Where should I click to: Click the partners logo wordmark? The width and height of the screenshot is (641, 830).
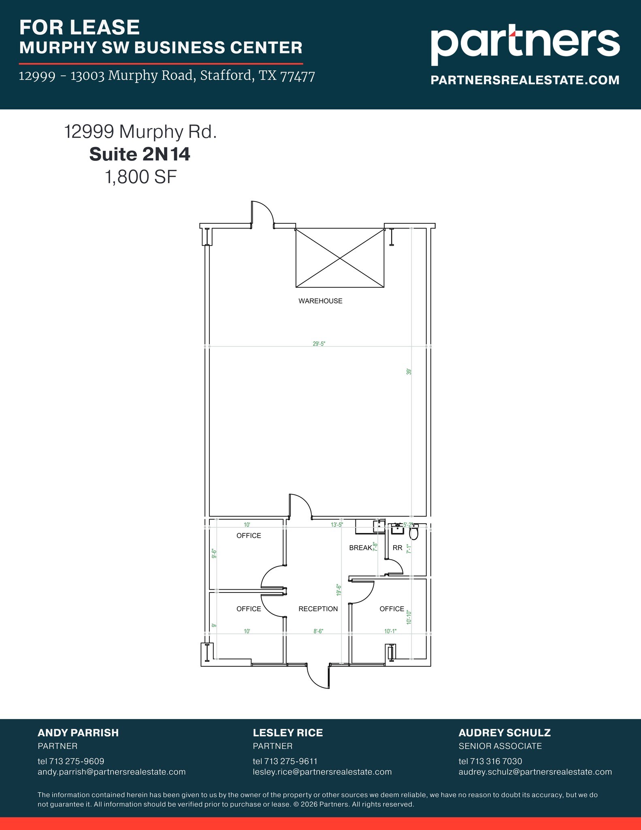point(525,43)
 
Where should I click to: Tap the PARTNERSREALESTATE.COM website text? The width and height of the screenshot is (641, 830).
point(525,80)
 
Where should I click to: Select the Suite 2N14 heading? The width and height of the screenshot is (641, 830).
point(140,154)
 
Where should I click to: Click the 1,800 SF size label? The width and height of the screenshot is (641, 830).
point(141,177)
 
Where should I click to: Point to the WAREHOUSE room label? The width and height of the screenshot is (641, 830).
point(320,301)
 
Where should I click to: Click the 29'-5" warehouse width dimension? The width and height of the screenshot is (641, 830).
point(319,344)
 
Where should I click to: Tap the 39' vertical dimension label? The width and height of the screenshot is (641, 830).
point(409,371)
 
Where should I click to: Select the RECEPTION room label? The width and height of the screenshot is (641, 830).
point(318,609)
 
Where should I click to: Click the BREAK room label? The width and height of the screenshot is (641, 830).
point(360,548)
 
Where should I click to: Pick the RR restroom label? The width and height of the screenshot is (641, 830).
point(397,548)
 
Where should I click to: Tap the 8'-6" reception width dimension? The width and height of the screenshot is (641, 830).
point(318,631)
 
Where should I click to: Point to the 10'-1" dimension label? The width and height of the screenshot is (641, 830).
point(390,631)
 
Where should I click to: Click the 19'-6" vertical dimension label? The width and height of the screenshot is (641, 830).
point(339,590)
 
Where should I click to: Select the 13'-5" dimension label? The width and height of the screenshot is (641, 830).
point(337,525)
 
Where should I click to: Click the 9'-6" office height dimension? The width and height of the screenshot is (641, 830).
point(214,554)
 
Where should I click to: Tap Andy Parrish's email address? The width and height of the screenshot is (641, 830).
point(111,772)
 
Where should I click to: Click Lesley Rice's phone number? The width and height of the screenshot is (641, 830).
point(285,761)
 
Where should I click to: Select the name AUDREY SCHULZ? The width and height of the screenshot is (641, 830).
point(504,733)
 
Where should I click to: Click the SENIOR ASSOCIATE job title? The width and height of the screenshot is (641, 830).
point(500,746)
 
